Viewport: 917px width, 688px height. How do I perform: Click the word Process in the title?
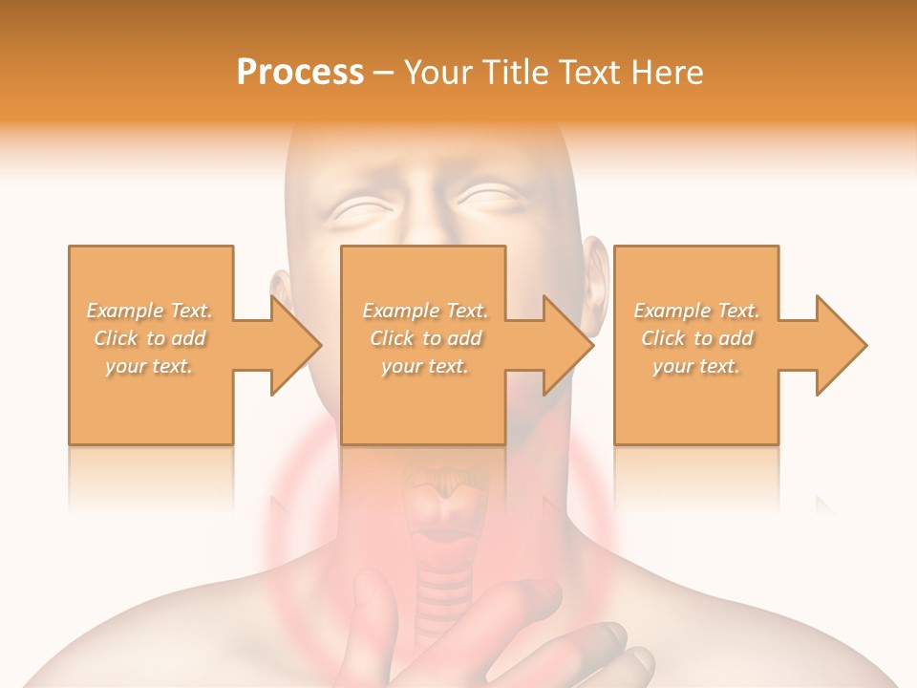300,73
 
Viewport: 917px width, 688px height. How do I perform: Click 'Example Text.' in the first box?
150,311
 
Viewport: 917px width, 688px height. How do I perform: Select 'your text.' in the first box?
150,366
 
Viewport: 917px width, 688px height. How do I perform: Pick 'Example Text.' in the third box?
696,311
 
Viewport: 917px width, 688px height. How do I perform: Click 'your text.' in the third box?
696,366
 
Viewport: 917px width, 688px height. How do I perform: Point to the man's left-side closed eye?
363,207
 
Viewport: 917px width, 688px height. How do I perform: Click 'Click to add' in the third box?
696,338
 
